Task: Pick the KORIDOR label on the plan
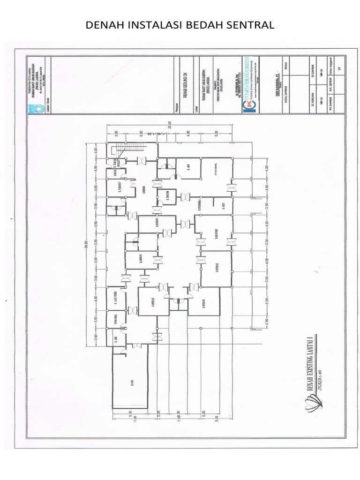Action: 144,191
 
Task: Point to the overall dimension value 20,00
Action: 170,125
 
